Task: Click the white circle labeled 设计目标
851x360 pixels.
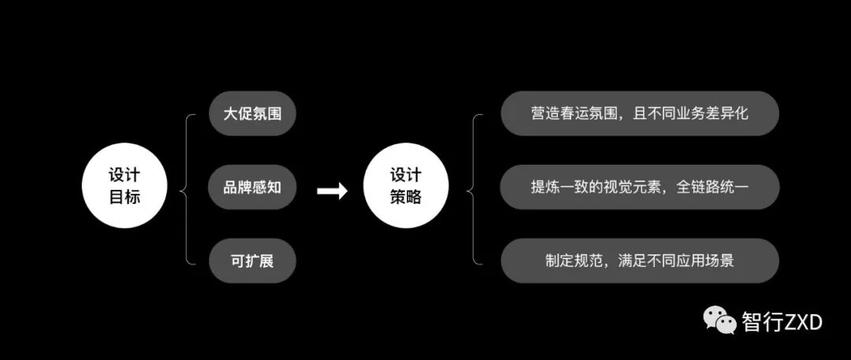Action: click(x=124, y=187)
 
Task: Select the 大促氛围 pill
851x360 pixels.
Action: click(x=252, y=113)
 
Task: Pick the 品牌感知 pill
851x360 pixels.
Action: click(x=252, y=187)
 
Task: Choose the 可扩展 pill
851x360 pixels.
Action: click(x=252, y=261)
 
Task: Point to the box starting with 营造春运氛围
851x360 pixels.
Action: click(x=639, y=113)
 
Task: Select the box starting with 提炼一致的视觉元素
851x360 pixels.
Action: click(x=639, y=187)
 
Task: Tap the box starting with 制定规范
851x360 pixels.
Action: click(x=639, y=261)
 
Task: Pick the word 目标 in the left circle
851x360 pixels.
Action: click(x=124, y=198)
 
